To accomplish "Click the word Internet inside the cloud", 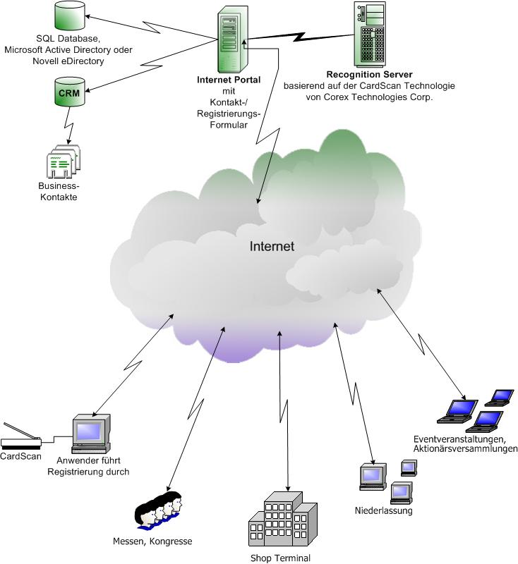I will [272, 247].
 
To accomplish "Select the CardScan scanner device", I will [21, 438].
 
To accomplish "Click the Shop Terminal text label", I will [280, 558].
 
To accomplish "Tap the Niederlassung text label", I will [383, 510].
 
